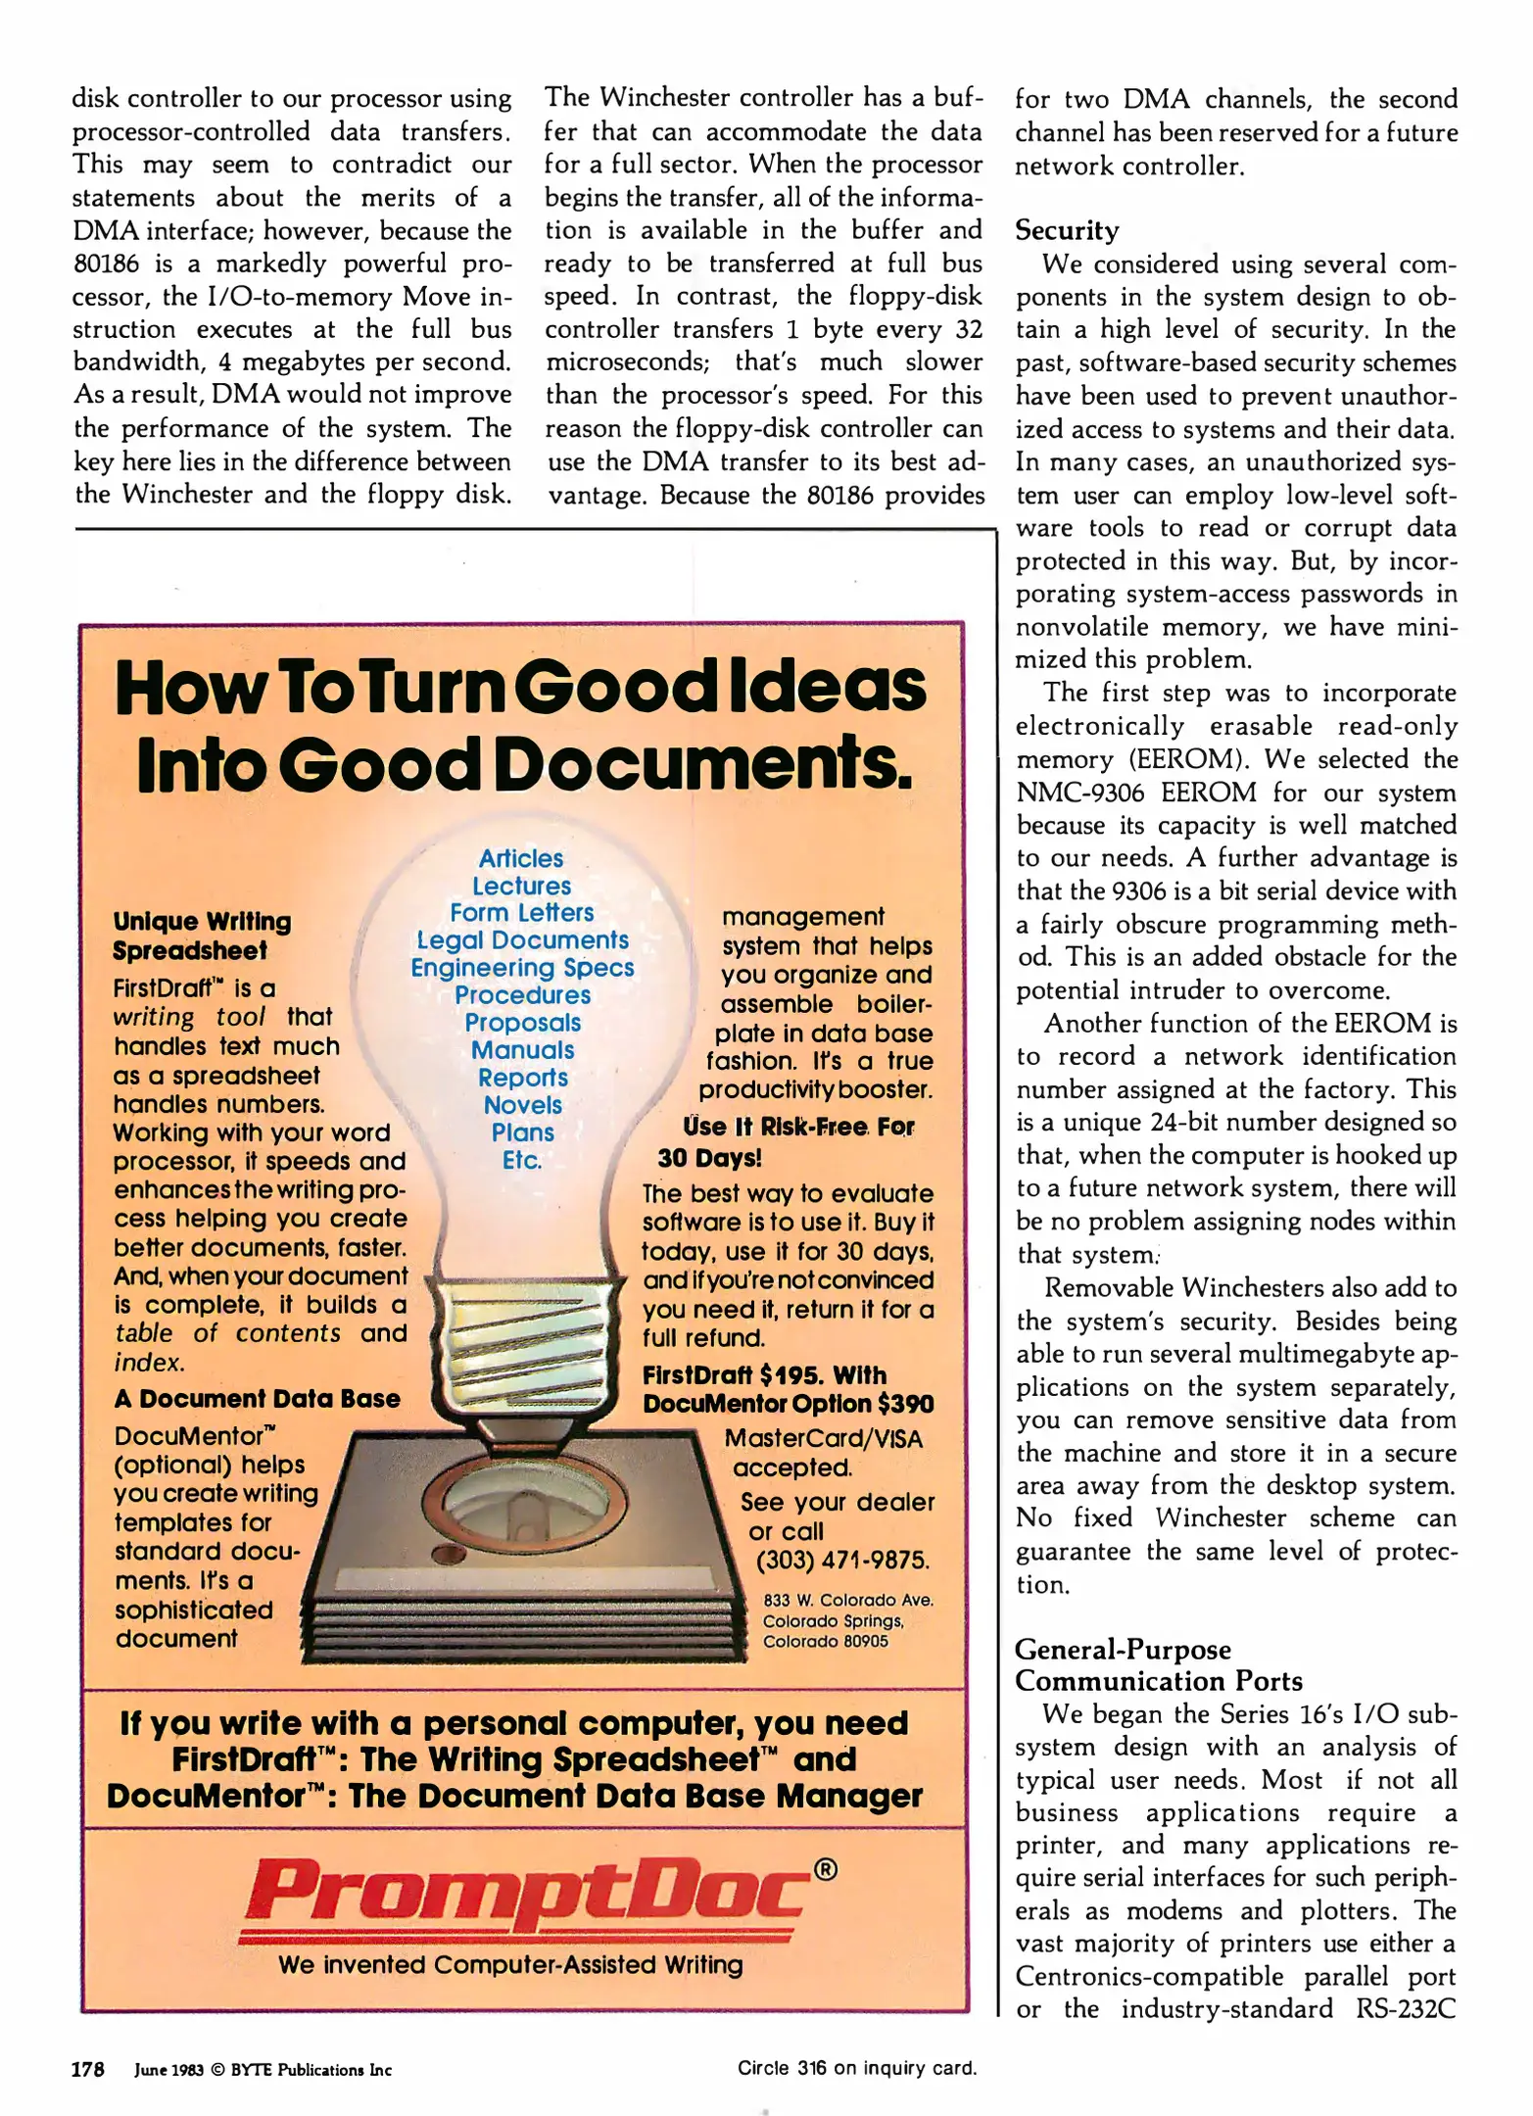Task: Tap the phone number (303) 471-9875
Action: pos(842,1561)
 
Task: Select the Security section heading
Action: pos(1067,230)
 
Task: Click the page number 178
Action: pos(87,2068)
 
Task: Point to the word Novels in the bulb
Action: pos(523,1105)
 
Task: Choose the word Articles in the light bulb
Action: pos(521,858)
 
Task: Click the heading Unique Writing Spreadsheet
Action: pos(202,936)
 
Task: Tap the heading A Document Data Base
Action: pos(257,1398)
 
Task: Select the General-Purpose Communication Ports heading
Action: pos(1158,1665)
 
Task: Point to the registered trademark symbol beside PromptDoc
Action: pos(826,1869)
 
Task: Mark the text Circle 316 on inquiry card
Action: pos(857,2068)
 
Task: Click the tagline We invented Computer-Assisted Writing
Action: pos(510,1964)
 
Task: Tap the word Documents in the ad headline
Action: pos(702,764)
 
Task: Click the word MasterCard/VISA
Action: pos(823,1438)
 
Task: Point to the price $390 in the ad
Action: pos(905,1404)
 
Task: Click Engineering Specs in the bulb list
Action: pos(522,968)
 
